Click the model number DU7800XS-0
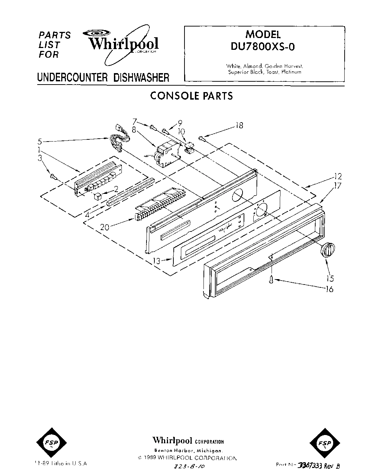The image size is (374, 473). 264,47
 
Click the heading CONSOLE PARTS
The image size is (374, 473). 191,96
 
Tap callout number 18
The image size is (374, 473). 239,125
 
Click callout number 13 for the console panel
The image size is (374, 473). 156,261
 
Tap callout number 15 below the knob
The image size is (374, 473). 330,278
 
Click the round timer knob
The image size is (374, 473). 327,249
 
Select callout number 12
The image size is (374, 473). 338,176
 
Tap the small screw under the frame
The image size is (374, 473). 272,278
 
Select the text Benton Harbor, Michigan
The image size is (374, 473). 189,450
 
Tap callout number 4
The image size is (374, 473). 87,215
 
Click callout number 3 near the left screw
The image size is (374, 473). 40,158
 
